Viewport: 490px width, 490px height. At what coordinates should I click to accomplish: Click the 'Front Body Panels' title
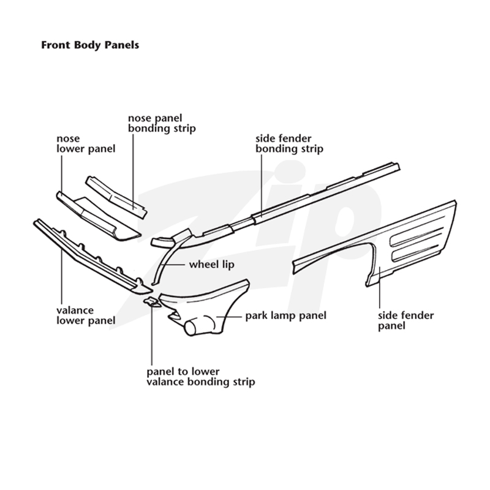tap(90, 45)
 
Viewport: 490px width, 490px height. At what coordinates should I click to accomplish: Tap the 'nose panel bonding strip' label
tap(162, 124)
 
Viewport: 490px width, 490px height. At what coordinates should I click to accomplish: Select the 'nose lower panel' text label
tap(86, 144)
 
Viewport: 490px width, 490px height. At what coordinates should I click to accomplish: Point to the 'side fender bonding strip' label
tap(289, 144)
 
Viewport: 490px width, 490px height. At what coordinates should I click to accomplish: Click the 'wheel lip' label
tap(211, 265)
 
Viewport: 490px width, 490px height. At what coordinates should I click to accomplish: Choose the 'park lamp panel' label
tap(285, 315)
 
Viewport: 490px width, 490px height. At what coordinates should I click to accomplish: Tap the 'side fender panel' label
tap(405, 320)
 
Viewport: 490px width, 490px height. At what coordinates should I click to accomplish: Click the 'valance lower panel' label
tap(86, 315)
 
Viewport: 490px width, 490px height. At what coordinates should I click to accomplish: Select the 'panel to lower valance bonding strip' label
tap(201, 377)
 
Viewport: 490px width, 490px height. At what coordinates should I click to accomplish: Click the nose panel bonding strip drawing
tap(116, 197)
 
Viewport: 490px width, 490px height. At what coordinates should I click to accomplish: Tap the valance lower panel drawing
tap(91, 256)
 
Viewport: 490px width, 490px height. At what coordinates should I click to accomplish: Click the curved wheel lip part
tap(169, 257)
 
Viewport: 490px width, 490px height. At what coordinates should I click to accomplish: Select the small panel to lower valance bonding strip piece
tap(152, 302)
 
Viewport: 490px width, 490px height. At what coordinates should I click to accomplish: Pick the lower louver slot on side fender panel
tap(415, 253)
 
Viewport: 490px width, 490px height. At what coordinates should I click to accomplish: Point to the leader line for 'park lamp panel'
tap(228, 317)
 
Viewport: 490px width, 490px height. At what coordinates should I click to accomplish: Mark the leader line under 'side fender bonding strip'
tap(262, 184)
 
